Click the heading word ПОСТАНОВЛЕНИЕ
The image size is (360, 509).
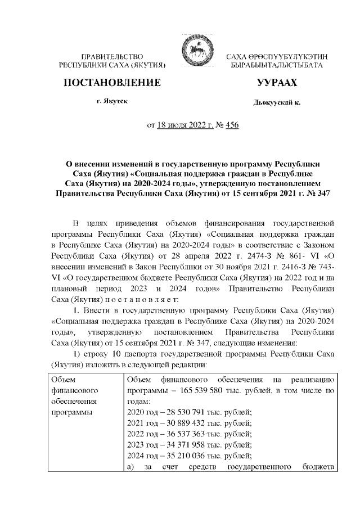click(x=113, y=83)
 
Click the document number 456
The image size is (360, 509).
click(x=232, y=125)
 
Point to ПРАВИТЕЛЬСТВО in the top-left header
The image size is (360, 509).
click(x=112, y=57)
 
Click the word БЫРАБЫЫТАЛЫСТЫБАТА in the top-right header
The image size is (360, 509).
click(x=273, y=66)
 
